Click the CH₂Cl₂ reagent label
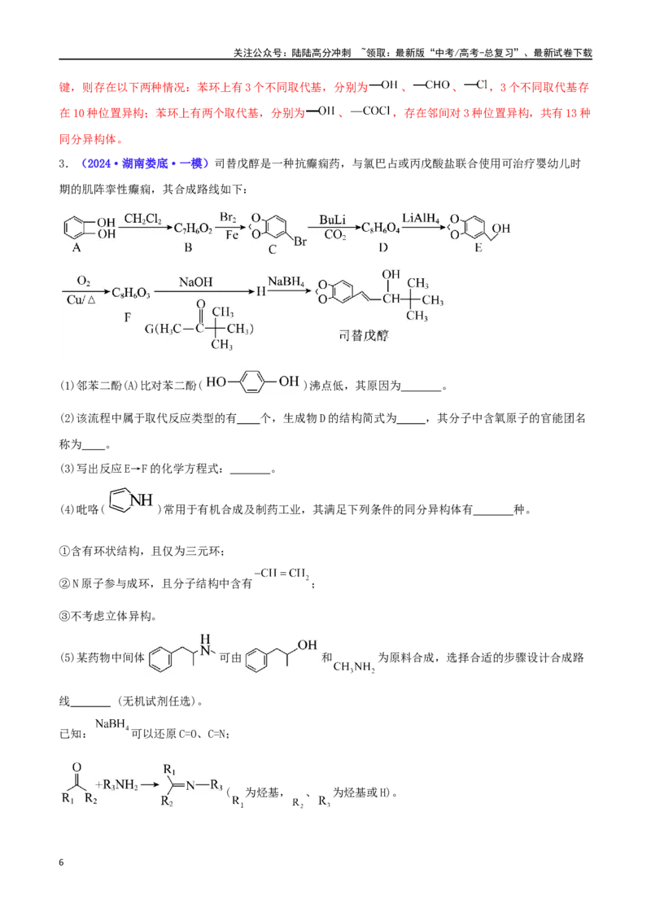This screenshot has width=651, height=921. (x=142, y=219)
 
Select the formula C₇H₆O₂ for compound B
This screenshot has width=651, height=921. (x=193, y=229)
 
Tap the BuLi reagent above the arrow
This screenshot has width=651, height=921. (x=333, y=220)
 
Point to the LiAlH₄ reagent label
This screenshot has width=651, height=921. (x=421, y=219)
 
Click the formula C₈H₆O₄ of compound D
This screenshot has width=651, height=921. (x=380, y=229)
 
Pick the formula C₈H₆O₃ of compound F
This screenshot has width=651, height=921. (x=130, y=293)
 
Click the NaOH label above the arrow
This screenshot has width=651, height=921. (x=195, y=282)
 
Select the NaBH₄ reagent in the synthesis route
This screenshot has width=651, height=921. (x=286, y=282)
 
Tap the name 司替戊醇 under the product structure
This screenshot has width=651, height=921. (x=364, y=335)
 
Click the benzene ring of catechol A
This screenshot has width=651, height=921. (x=75, y=229)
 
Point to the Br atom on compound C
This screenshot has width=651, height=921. (x=300, y=242)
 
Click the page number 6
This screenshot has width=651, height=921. (x=61, y=862)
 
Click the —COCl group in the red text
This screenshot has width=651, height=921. (x=371, y=111)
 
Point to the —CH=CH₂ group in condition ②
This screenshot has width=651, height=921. (x=282, y=574)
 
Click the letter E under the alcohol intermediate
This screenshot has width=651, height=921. (x=478, y=247)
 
